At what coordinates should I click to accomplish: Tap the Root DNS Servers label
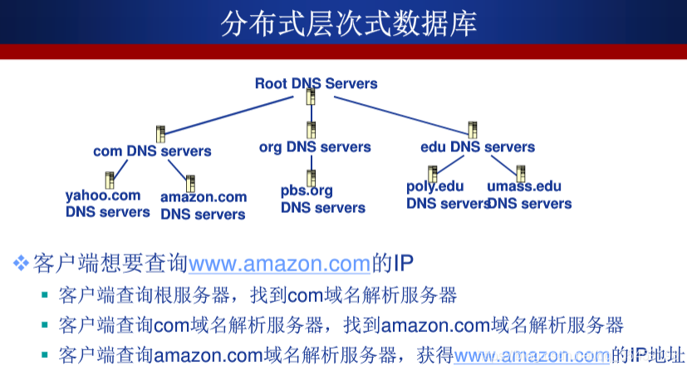coord(316,83)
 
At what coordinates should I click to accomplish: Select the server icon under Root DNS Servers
coord(311,97)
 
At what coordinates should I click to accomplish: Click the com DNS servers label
coord(152,151)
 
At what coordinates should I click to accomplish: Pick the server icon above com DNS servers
coord(161,133)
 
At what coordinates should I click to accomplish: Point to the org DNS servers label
coord(315,146)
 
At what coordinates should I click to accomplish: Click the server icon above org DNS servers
coord(311,130)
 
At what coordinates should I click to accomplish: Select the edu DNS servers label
coord(478,146)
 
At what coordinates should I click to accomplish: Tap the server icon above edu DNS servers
coord(473,130)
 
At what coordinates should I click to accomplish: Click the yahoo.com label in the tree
coord(103,196)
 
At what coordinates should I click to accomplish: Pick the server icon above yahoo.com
coord(110,179)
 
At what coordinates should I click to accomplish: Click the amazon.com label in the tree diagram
coord(204,197)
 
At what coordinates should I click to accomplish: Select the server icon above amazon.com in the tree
coord(190,183)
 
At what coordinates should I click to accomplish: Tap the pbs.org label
coord(307,190)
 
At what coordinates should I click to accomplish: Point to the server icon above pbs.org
coord(312,177)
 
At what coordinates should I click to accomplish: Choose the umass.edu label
coord(524,186)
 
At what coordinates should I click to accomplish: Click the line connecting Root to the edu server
coord(390,112)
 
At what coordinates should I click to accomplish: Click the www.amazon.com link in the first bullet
coord(279,265)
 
